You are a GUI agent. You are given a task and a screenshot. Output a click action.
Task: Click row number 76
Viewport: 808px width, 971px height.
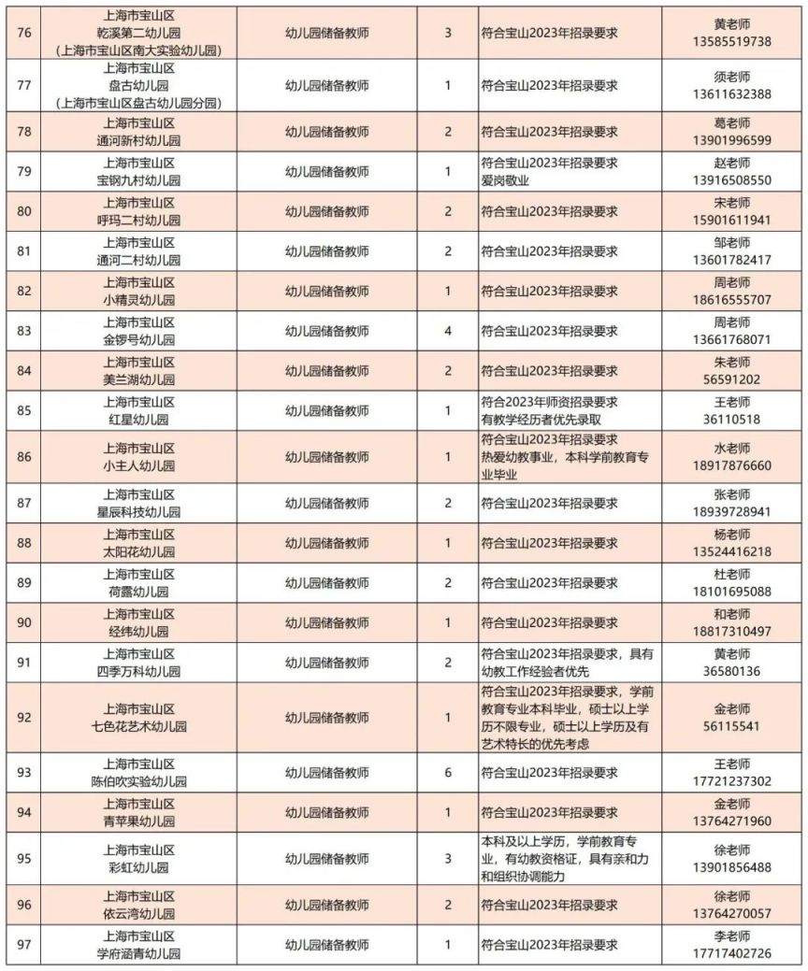pos(25,32)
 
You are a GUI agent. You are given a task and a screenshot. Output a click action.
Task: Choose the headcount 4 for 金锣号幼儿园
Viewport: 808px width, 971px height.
pos(448,331)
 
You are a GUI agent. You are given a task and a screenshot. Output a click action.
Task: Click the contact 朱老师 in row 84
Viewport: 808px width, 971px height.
pos(732,363)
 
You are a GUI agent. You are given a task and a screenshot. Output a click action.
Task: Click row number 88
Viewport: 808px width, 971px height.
pos(25,543)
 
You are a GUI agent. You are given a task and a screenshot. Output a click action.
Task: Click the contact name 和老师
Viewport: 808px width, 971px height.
pos(732,615)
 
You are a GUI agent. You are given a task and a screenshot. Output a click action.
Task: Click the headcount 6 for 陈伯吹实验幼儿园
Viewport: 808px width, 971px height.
pos(448,773)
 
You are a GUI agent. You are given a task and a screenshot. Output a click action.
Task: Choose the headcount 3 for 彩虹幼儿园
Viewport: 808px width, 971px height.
pos(448,859)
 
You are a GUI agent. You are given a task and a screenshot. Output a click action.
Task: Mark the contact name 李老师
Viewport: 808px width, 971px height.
pos(732,935)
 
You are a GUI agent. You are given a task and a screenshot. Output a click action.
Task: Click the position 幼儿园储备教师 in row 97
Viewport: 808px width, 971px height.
pos(326,945)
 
